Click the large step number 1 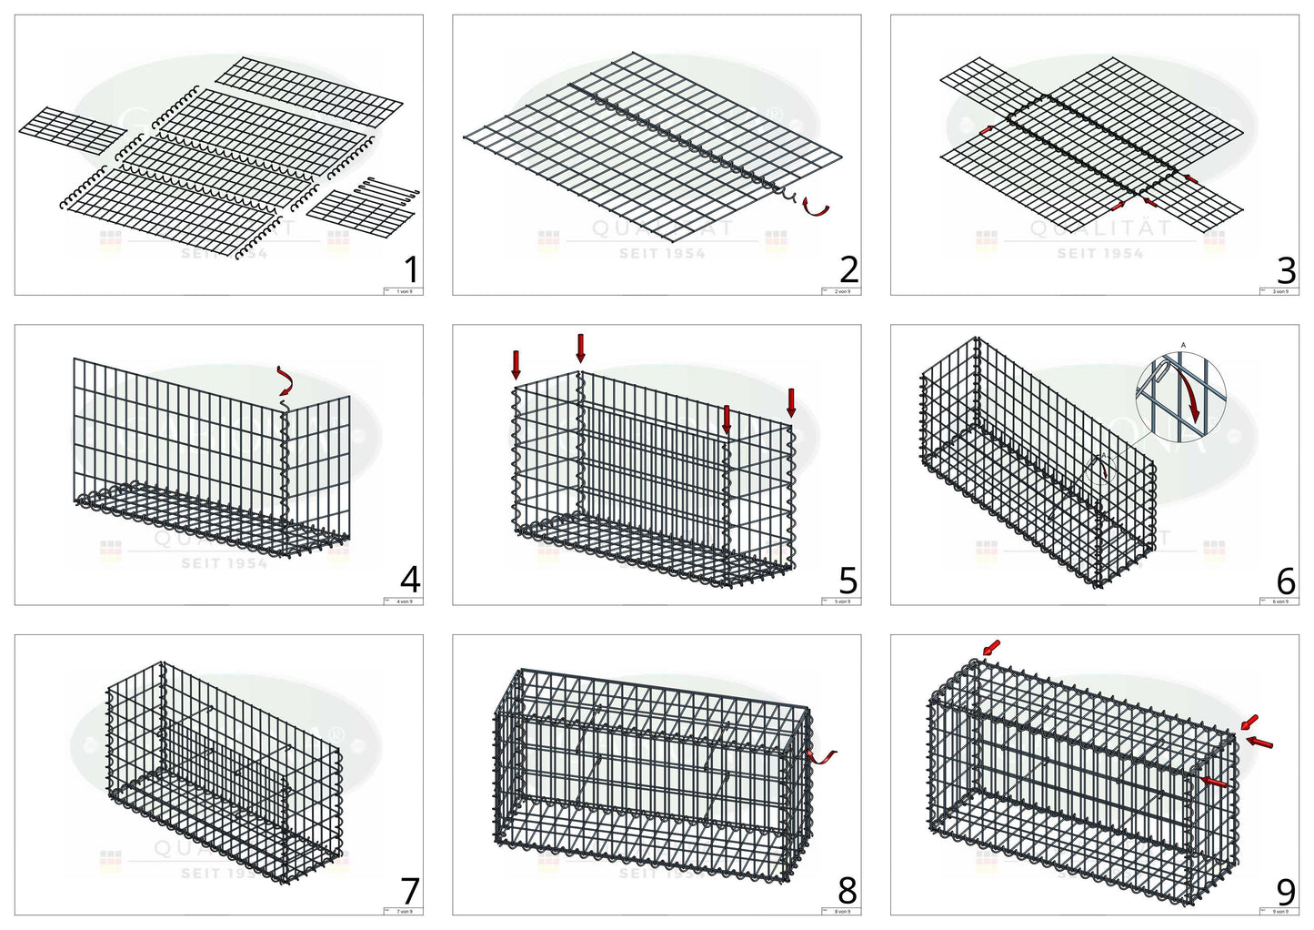(x=411, y=269)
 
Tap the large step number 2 (x=848, y=269)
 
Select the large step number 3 (x=1286, y=269)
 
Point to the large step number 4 (x=411, y=580)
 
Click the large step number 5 (x=848, y=580)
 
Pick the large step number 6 (x=1286, y=580)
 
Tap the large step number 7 (x=411, y=890)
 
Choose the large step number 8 (x=848, y=890)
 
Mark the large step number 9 (x=1286, y=890)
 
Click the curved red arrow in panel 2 (x=817, y=208)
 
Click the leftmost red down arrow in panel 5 (x=517, y=363)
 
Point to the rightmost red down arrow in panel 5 (x=791, y=401)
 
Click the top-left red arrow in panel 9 (x=991, y=647)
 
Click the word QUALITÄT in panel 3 (x=1100, y=229)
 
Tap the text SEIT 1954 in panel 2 (x=662, y=254)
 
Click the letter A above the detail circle (x=1183, y=345)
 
